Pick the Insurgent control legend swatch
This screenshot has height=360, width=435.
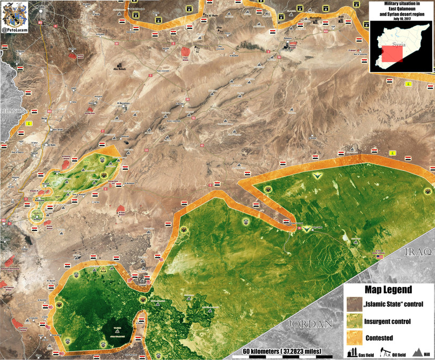[x=355, y=322]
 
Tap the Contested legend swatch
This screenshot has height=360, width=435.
[x=355, y=338]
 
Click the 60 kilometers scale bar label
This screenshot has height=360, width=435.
[x=281, y=351]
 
